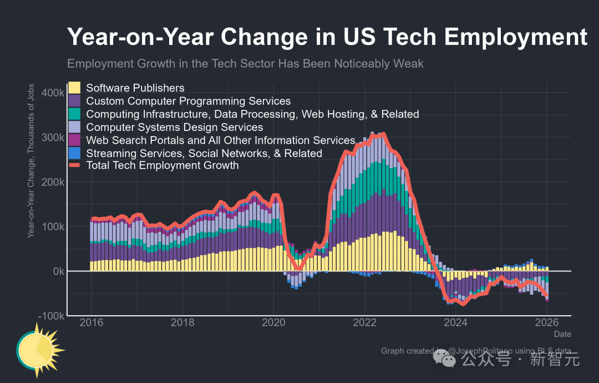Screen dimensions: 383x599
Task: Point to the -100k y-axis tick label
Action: tap(52, 316)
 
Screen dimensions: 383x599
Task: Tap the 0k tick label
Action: tap(57, 271)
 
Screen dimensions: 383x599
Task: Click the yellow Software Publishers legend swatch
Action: tap(74, 88)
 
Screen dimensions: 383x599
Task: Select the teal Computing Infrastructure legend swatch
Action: tap(74, 114)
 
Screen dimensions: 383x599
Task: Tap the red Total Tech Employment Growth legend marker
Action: tap(74, 165)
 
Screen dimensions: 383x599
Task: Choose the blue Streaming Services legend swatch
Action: tap(74, 153)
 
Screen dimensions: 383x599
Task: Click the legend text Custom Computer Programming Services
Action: tap(188, 101)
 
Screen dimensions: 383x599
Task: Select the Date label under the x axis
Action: tap(562, 334)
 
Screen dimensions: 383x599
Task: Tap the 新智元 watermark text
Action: tap(555, 360)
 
